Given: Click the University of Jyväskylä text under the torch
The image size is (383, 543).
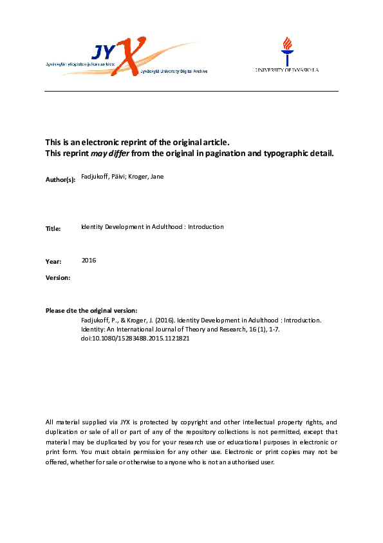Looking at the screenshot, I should (x=286, y=70).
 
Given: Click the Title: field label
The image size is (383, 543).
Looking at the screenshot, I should (x=53, y=229).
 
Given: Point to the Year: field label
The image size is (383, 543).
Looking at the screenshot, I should (x=53, y=262).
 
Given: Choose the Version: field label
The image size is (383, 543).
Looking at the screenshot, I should (x=58, y=277).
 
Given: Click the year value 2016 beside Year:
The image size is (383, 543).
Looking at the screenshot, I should (x=89, y=260).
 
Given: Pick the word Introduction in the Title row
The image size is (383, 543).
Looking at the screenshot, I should (x=206, y=227).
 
